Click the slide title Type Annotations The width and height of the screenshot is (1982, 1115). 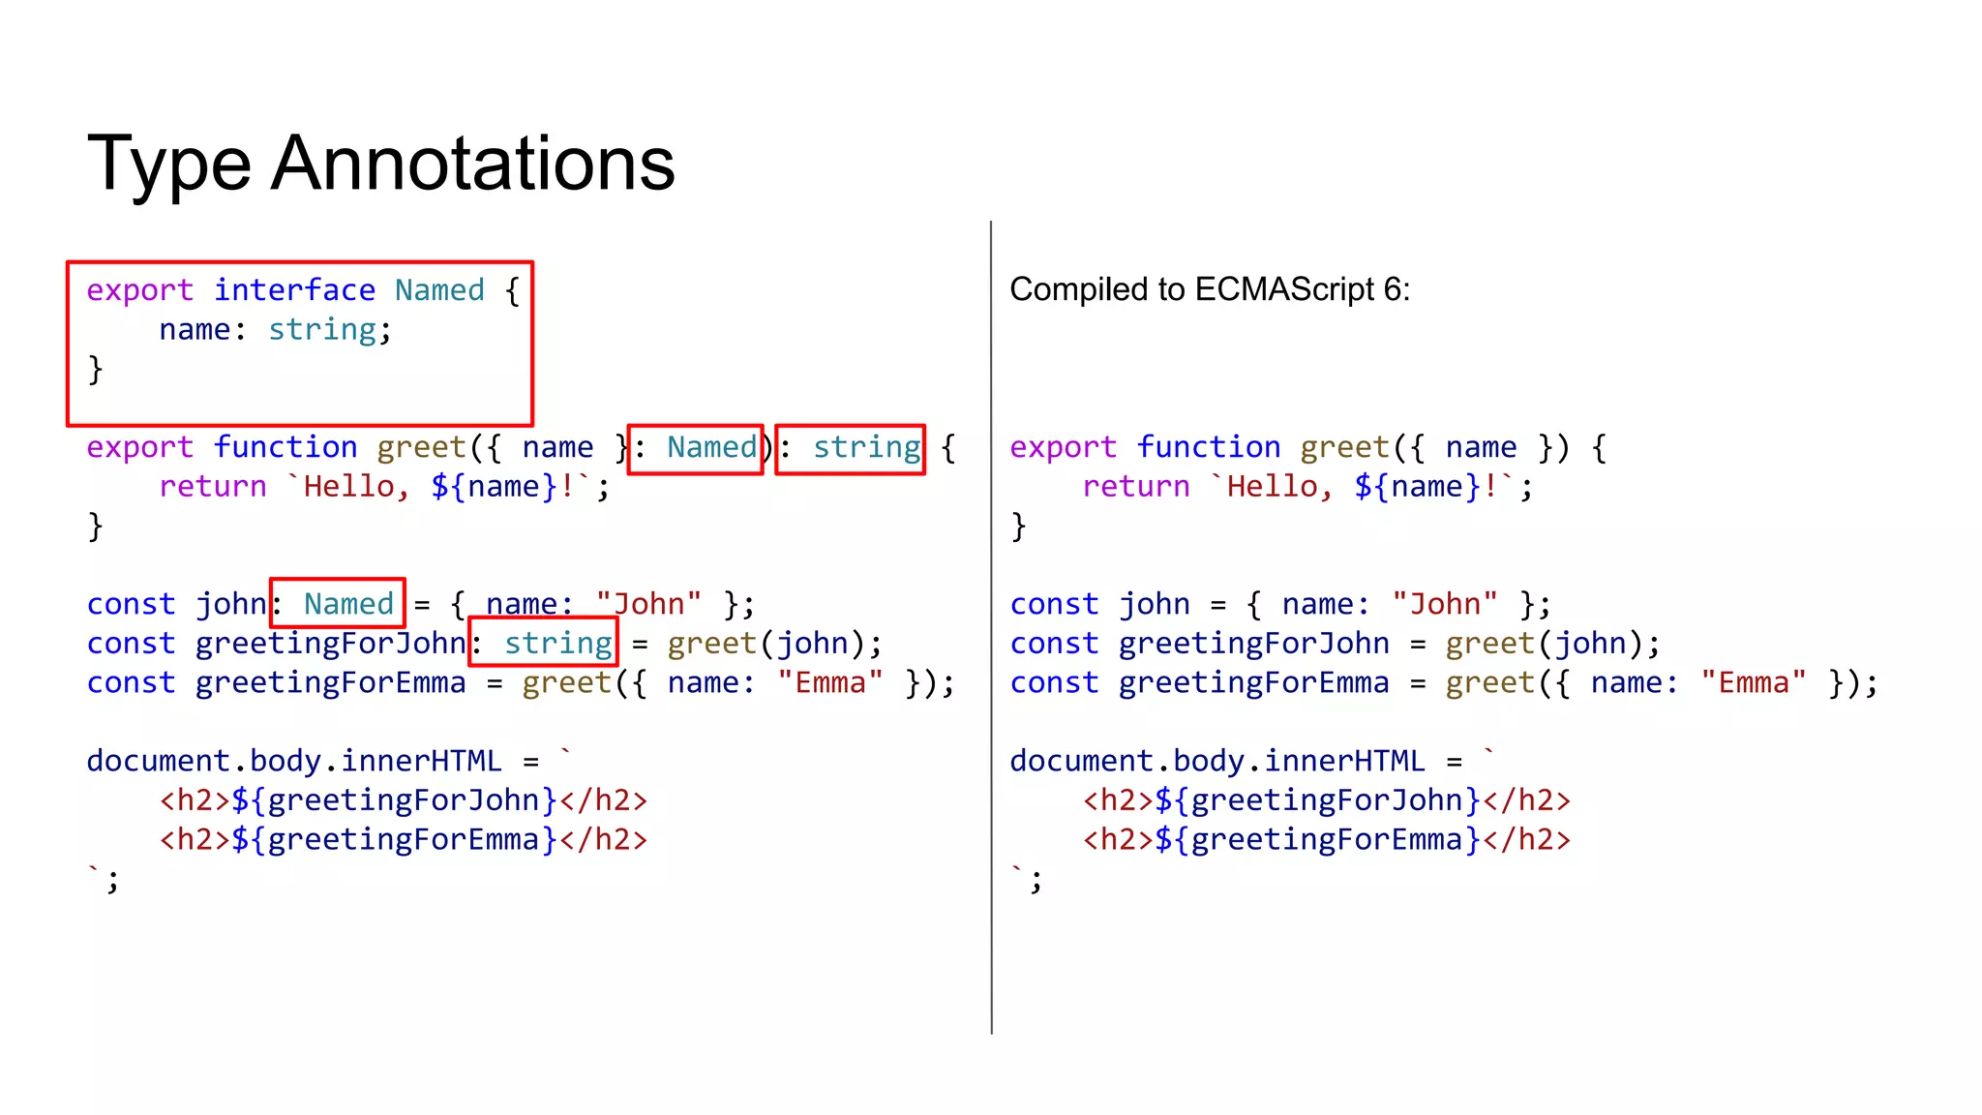(x=380, y=163)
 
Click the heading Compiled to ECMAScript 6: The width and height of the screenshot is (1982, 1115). (x=1210, y=289)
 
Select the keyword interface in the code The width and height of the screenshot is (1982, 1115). (x=294, y=290)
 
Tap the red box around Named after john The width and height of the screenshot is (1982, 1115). (x=338, y=603)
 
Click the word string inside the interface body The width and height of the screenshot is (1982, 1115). (x=321, y=330)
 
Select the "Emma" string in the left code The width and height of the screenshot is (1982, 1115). (x=830, y=683)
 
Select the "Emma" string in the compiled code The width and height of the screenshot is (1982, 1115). (x=1754, y=683)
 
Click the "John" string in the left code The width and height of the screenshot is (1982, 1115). (x=648, y=604)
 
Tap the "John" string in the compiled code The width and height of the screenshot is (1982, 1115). (x=1445, y=604)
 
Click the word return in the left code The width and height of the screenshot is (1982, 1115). (x=213, y=487)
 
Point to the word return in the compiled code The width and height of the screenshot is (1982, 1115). (x=1136, y=487)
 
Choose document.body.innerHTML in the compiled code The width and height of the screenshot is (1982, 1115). (x=1217, y=761)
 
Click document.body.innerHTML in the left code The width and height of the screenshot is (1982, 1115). (x=294, y=761)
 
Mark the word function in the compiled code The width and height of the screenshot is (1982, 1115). (x=1208, y=447)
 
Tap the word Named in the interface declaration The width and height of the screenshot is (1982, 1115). (x=439, y=290)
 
